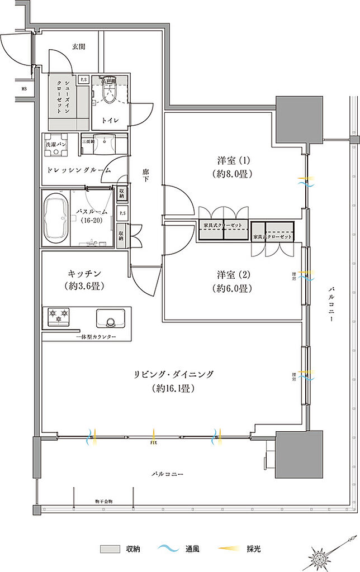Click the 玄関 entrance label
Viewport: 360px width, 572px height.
78,47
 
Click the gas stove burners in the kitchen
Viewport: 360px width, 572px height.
59,316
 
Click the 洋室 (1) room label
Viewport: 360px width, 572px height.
234,167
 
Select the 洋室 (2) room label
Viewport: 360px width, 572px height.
234,282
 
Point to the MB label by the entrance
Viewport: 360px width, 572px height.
24,88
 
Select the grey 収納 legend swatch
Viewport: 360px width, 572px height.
110,549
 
